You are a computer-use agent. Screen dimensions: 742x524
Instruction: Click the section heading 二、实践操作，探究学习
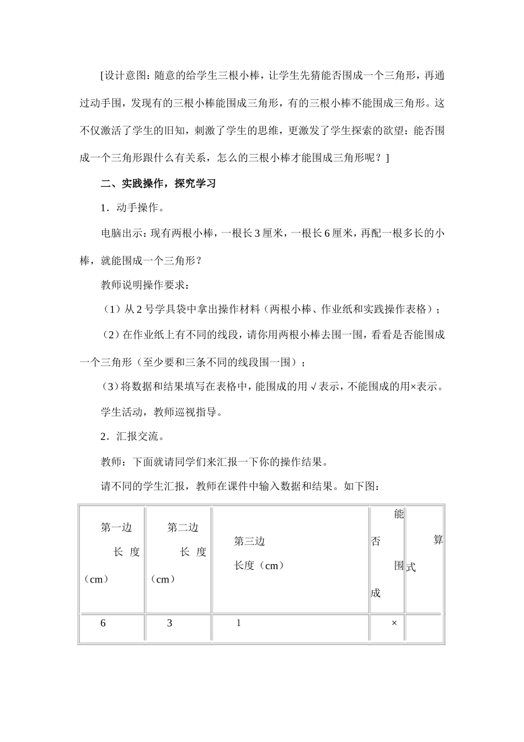pos(158,184)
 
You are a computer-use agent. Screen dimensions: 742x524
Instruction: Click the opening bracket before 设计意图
pos(103,76)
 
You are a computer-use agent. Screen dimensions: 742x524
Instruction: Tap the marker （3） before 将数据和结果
pos(110,387)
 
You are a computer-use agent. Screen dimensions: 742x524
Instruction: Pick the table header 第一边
pos(116,528)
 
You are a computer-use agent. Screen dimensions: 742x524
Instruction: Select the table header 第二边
pos(183,528)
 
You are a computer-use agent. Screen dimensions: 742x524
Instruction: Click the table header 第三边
pos(249,542)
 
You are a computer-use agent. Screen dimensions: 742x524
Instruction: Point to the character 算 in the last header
pos(438,540)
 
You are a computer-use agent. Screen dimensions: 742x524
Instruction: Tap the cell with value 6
pos(103,623)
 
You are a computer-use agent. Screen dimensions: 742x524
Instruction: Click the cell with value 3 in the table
pos(170,623)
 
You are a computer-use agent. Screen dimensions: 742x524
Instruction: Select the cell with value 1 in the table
pos(238,623)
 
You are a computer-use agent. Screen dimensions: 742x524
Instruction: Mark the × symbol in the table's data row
pos(394,623)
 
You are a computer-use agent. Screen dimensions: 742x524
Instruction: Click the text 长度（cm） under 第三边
pos(259,565)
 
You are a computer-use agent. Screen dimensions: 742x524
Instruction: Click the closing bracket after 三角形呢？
pos(387,158)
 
